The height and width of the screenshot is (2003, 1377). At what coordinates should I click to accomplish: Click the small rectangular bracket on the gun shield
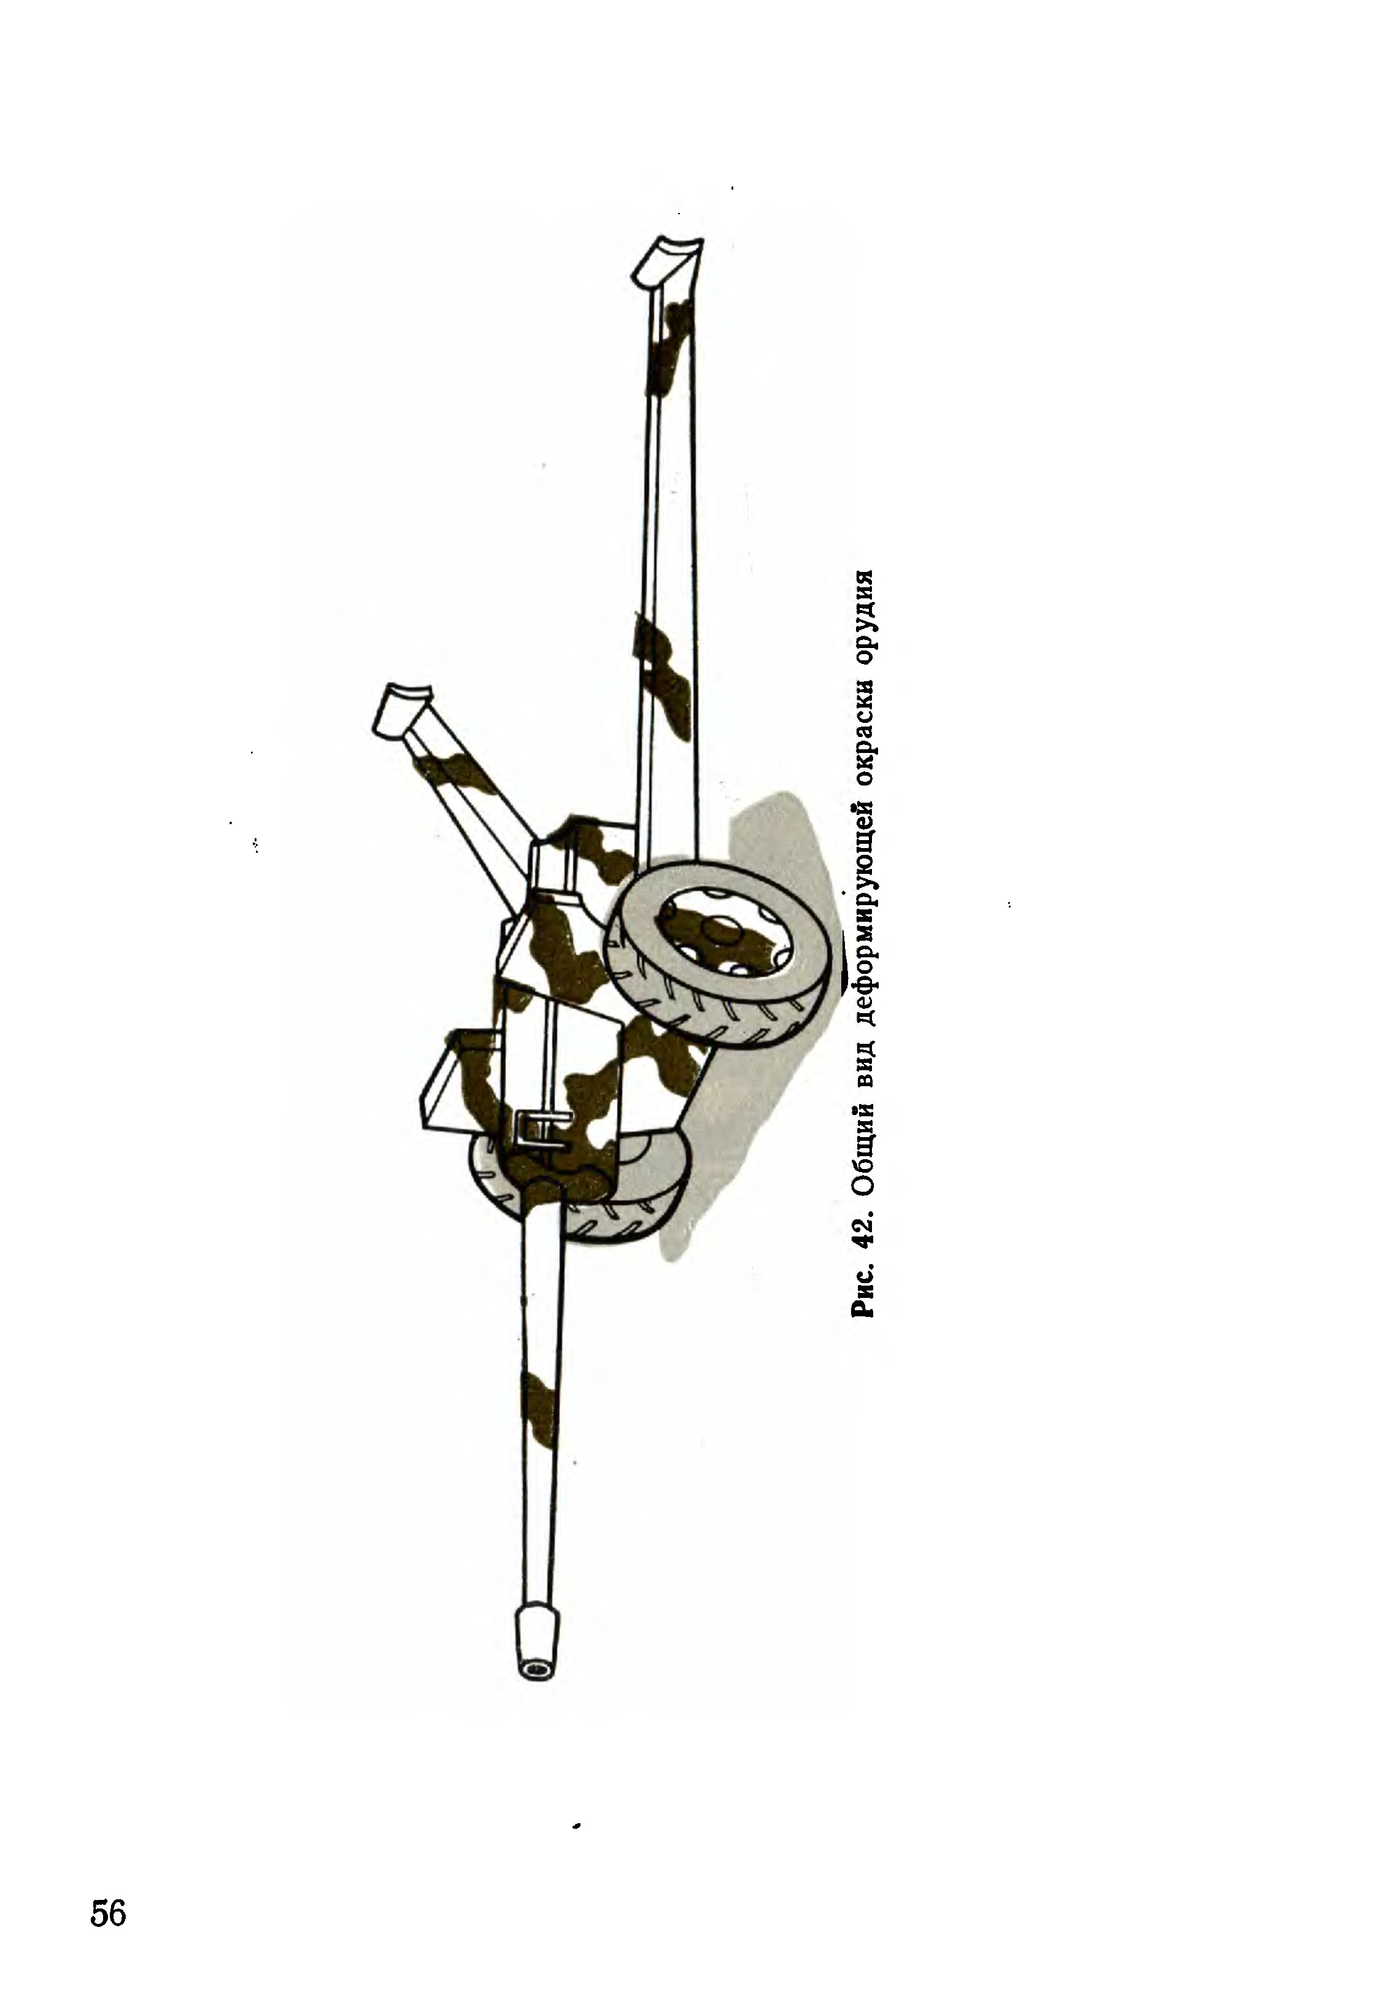[540, 1125]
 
